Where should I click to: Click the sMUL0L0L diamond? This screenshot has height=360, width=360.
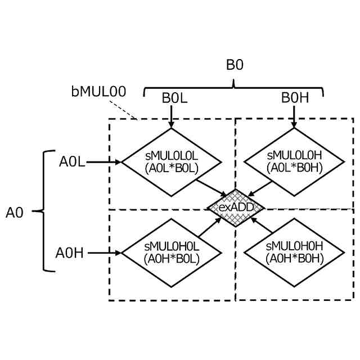pos(171,162)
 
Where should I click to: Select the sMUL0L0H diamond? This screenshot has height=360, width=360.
pos(294,162)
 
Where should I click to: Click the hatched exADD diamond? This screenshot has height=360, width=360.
pos(236,208)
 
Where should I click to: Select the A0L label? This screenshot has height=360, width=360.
pos(72,162)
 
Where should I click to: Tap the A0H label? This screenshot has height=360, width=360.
pos(70,253)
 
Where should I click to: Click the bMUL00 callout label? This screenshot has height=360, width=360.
pos(99,91)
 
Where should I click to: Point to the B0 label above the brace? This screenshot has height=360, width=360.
pos(235,65)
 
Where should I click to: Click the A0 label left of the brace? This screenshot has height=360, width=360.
pos(15,212)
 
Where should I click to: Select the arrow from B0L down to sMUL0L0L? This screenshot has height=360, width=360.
pos(171,116)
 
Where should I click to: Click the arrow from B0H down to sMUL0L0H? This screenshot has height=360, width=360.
pos(294,116)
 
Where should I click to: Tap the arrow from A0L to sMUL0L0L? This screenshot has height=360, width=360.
pos(105,162)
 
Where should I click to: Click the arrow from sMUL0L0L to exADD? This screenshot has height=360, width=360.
pos(211,188)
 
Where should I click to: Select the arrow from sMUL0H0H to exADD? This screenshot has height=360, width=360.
pos(262,226)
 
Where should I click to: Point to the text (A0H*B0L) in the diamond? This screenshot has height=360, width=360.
pos(171,258)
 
